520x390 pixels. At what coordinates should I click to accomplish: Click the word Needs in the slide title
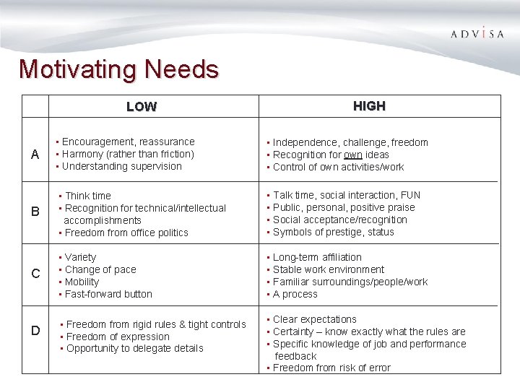pos(181,69)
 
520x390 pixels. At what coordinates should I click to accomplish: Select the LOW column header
pos(142,107)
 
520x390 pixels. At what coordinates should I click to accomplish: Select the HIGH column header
pos(369,106)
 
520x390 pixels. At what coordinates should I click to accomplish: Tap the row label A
pos(35,155)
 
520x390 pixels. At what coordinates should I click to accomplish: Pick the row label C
pos(35,274)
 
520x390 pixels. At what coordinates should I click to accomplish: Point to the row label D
pos(35,331)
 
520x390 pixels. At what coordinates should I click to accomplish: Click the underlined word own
pos(353,155)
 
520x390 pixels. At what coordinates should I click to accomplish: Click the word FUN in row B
pos(410,195)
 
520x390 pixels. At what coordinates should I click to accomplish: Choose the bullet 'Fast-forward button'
pos(108,294)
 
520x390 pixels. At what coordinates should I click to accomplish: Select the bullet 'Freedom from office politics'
pos(126,233)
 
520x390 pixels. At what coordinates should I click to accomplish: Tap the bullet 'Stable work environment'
pos(329,269)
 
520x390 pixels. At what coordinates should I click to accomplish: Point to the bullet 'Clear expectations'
pos(315,319)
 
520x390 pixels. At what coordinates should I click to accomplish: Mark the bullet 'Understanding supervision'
pos(122,166)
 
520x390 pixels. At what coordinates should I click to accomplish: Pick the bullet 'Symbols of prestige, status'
pos(334,232)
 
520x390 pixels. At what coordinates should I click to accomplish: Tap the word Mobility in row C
pos(82,282)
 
